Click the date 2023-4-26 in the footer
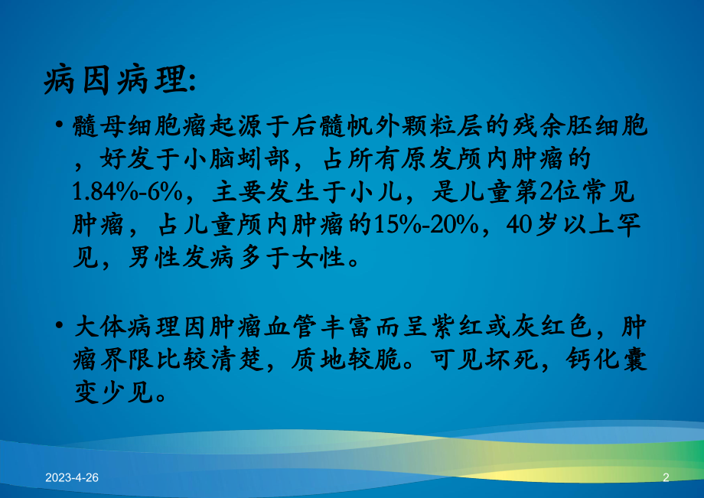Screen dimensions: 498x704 coord(72,477)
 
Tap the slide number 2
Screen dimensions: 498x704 coord(666,477)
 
